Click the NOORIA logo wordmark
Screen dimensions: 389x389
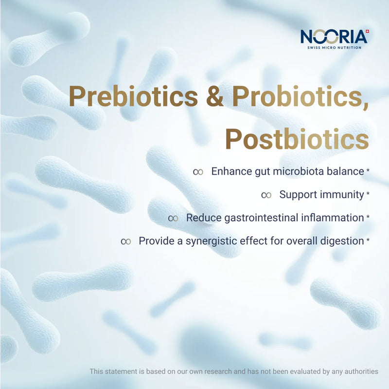point(334,37)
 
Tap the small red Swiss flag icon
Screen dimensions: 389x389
point(368,31)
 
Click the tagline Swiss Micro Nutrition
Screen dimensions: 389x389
point(334,47)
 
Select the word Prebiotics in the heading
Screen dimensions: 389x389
point(133,96)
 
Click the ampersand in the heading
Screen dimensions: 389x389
point(215,96)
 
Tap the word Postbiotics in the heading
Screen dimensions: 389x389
point(297,139)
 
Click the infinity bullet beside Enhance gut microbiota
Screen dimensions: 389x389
point(198,172)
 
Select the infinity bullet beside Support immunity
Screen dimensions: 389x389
point(266,195)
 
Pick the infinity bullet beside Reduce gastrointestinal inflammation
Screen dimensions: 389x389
point(173,218)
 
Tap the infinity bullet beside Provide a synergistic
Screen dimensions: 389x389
point(125,241)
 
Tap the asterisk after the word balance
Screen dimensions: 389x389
point(368,170)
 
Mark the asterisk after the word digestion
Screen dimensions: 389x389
point(368,240)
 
